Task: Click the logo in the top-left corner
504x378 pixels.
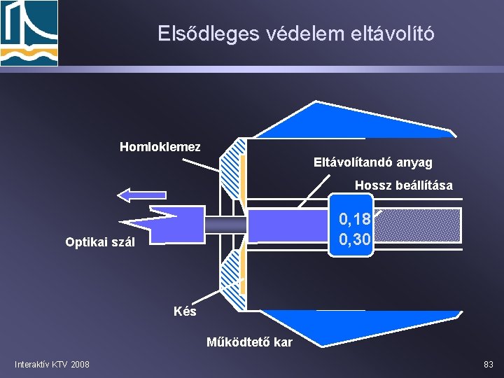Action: coord(29,32)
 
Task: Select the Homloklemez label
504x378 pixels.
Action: coord(160,147)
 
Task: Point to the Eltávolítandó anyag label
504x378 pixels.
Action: coord(372,162)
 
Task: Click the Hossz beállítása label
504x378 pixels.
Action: coord(403,185)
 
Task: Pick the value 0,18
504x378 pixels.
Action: coord(355,220)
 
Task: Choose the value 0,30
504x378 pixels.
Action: coord(355,239)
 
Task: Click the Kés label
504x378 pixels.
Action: coord(185,311)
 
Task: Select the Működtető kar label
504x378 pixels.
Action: coord(249,342)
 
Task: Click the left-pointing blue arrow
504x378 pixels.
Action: coord(142,195)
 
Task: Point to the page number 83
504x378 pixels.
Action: coord(488,364)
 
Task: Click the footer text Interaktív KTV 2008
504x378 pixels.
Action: coord(52,364)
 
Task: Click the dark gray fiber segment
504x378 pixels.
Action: coord(225,225)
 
